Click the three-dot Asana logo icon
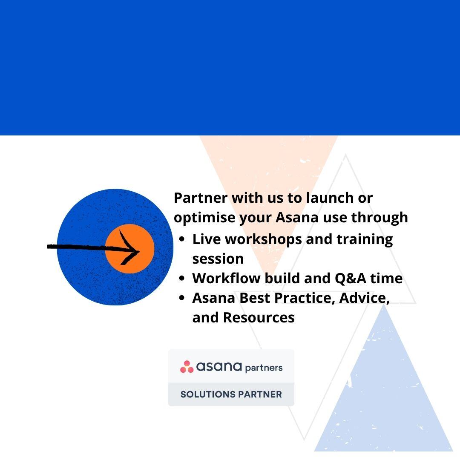187,367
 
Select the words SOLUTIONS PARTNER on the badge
231,394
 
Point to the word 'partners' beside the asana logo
264,368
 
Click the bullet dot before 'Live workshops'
182,240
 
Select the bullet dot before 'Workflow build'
182,279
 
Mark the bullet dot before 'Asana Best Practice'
182,299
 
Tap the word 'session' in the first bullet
218,259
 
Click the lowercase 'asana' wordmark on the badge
219,367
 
